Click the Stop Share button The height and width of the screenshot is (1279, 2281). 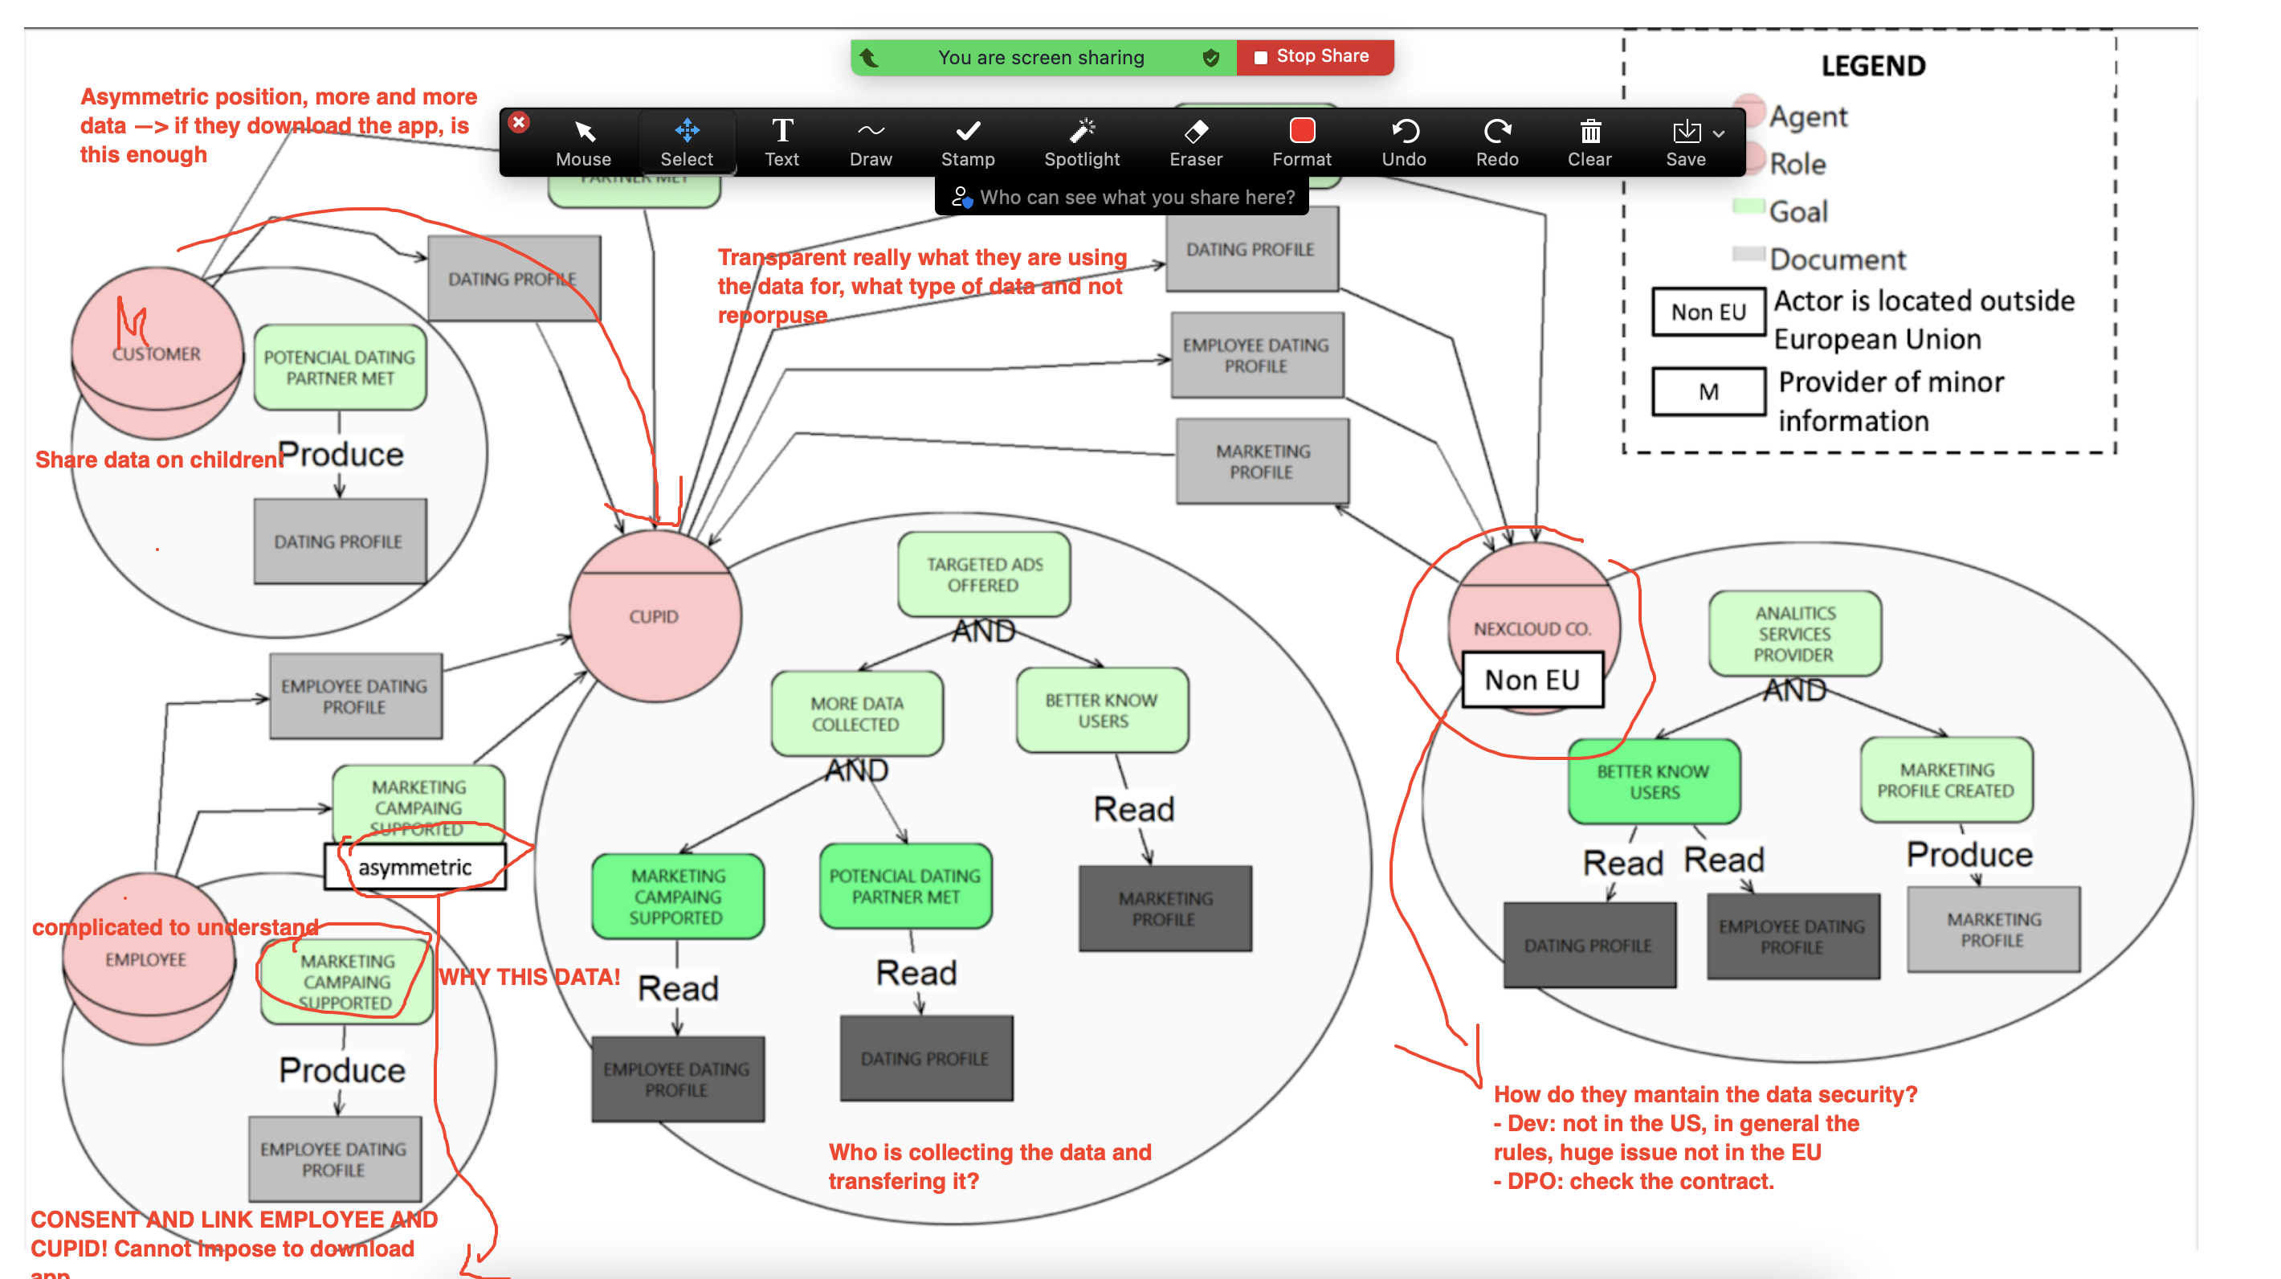(1314, 57)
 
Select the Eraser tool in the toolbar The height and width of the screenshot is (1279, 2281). (1195, 141)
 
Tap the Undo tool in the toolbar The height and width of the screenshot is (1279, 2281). (1405, 141)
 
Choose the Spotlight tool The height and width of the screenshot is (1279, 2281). (1082, 141)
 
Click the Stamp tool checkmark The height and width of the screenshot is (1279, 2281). (968, 133)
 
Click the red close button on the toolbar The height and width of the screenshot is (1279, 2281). (520, 122)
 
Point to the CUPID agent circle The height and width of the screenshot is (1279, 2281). (655, 616)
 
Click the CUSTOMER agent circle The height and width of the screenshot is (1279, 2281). (157, 353)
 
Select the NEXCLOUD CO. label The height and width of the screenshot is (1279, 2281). (1532, 629)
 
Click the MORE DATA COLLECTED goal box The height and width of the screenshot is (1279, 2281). (856, 714)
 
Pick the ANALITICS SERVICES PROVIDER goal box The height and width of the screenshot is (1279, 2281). (1794, 634)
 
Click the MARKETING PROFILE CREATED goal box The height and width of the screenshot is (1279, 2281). (1945, 780)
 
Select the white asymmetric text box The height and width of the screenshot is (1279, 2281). (415, 867)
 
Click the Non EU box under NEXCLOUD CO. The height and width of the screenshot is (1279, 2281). (1532, 680)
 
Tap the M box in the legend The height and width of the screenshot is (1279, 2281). (1708, 391)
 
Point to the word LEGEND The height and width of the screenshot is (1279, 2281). (1873, 67)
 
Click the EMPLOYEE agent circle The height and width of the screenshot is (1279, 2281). (147, 959)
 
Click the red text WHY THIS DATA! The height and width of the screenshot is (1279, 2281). (529, 977)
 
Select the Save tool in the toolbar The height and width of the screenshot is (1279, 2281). (1686, 141)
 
